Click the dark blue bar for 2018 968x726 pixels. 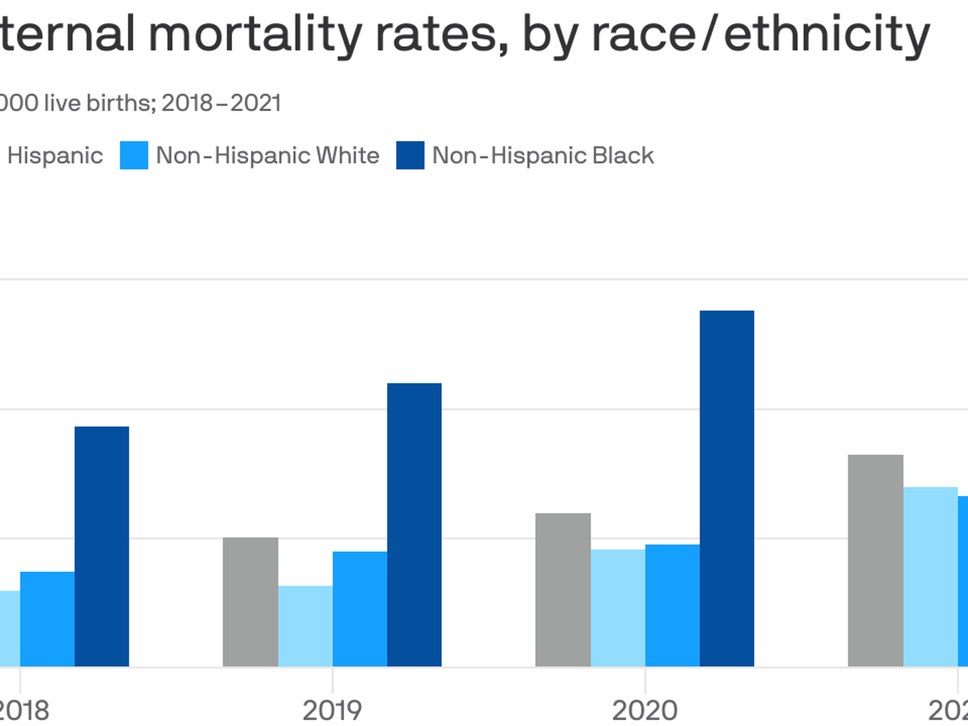click(x=102, y=546)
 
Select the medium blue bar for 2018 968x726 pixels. click(x=47, y=618)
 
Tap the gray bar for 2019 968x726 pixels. click(x=250, y=602)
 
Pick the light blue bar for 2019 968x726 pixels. click(x=305, y=626)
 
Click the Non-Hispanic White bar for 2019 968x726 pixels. click(x=360, y=608)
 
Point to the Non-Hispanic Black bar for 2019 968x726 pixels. click(x=414, y=524)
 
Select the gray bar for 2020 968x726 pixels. click(x=563, y=590)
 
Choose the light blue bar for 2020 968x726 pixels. click(x=618, y=608)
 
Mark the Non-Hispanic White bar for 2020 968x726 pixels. click(x=672, y=605)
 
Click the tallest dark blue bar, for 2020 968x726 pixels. click(x=727, y=488)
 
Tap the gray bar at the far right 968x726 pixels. click(x=875, y=561)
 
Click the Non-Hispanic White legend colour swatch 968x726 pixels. click(x=134, y=155)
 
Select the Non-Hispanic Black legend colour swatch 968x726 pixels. click(x=410, y=155)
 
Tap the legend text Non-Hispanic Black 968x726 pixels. click(x=542, y=155)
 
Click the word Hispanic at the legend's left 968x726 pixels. click(x=55, y=155)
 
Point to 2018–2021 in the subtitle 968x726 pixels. click(x=221, y=103)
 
